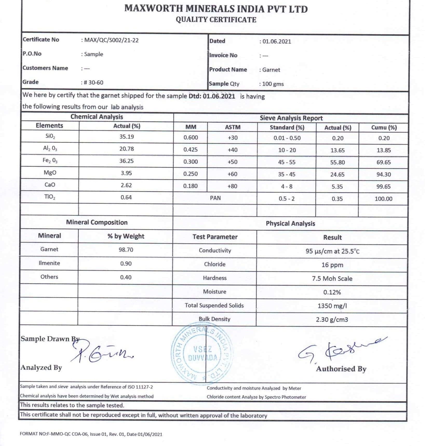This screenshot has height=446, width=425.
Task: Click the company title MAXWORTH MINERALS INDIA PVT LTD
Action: (216, 9)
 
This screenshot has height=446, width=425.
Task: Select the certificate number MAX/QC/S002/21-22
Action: (111, 40)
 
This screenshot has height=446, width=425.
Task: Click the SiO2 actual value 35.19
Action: (126, 137)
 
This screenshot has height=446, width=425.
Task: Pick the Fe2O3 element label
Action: (50, 161)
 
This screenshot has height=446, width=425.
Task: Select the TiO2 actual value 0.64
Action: (126, 197)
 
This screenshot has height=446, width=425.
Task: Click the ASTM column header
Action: (233, 127)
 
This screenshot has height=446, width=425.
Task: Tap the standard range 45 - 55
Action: (287, 162)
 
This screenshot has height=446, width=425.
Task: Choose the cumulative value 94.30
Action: (384, 174)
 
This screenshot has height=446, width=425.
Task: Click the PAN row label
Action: (215, 198)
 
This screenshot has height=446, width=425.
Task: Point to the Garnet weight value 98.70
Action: (126, 250)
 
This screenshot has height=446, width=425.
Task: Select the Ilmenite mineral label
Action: (49, 263)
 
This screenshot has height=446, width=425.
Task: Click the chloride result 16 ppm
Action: (332, 265)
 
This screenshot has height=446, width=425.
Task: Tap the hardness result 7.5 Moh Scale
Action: (332, 279)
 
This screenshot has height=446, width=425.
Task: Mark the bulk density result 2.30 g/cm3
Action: (332, 319)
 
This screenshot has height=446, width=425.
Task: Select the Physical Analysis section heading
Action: (290, 223)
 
